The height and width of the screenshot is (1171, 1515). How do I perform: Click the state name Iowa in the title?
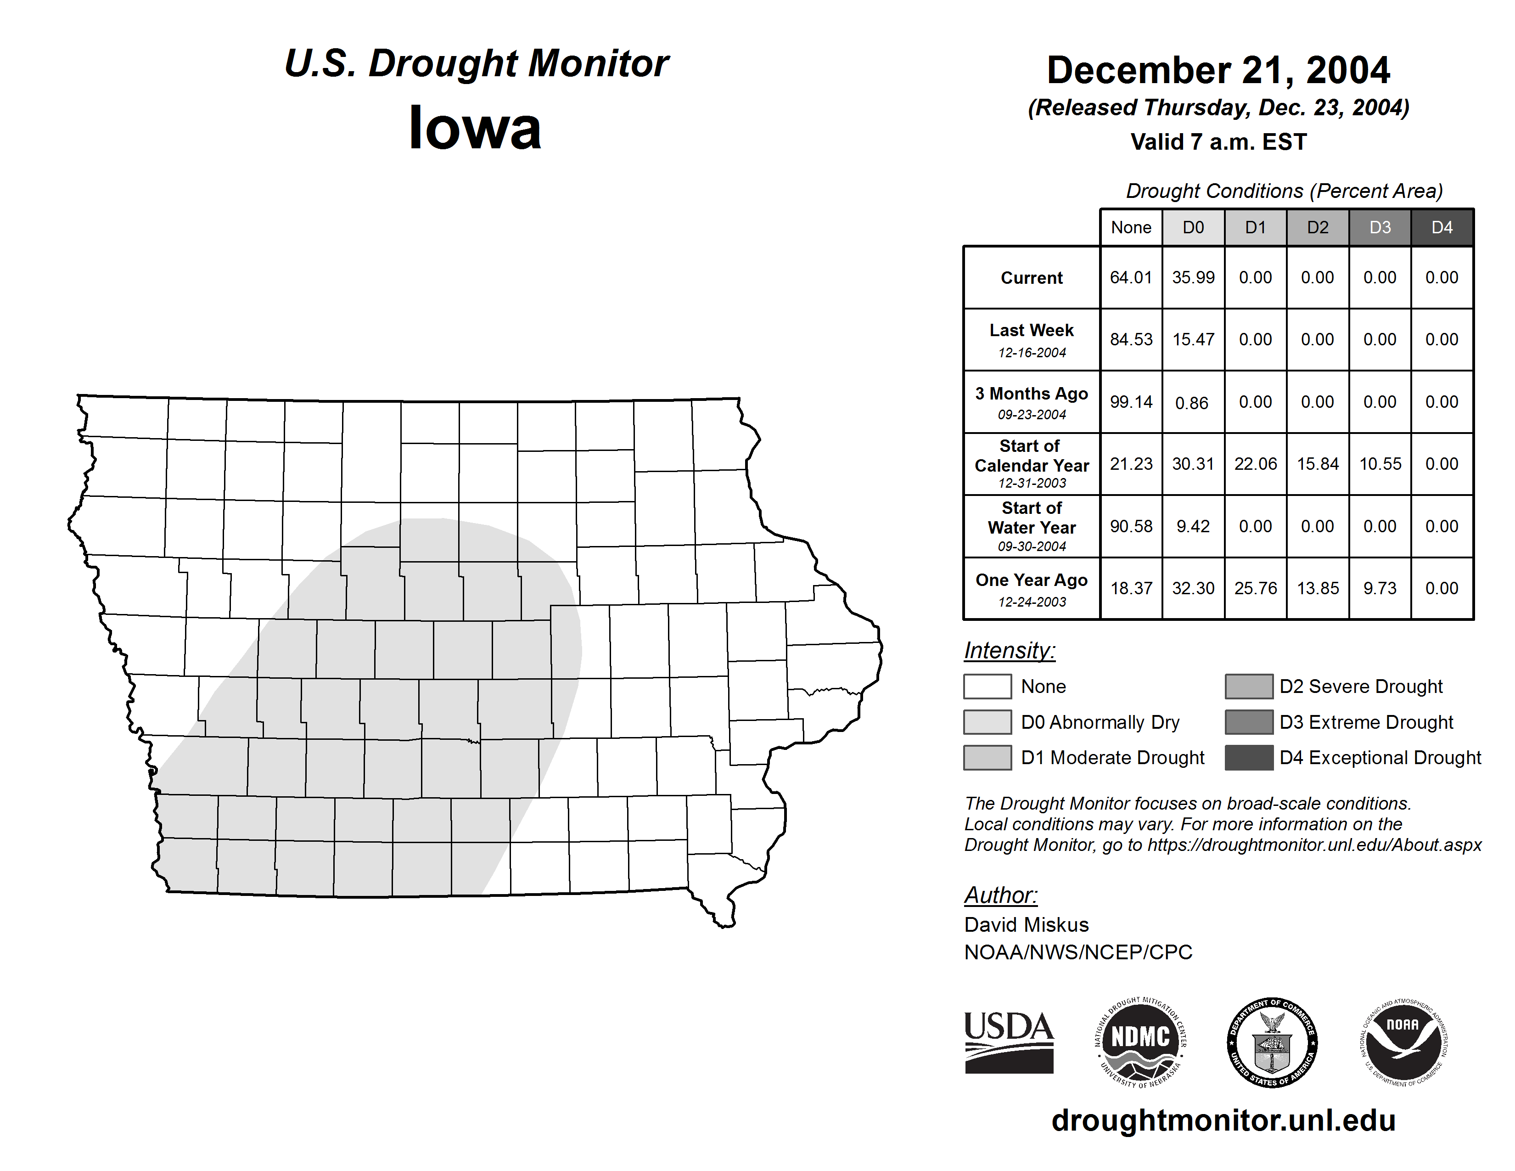pyautogui.click(x=475, y=128)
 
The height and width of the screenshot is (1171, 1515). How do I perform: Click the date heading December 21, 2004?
pyautogui.click(x=1218, y=70)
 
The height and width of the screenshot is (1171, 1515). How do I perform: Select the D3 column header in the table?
pyautogui.click(x=1380, y=227)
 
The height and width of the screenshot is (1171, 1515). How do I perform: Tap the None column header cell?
pyautogui.click(x=1131, y=227)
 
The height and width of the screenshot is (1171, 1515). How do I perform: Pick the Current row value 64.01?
pyautogui.click(x=1131, y=277)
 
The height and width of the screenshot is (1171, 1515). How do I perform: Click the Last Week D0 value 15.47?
pyautogui.click(x=1193, y=340)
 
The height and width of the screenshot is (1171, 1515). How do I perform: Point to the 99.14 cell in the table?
pyautogui.click(x=1131, y=402)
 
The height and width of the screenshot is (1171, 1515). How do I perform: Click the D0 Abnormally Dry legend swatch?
pyautogui.click(x=987, y=721)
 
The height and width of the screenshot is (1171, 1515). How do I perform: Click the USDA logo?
pyautogui.click(x=1009, y=1042)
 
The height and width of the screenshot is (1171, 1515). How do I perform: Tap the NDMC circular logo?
pyautogui.click(x=1140, y=1042)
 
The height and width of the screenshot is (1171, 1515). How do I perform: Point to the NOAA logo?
pyautogui.click(x=1403, y=1042)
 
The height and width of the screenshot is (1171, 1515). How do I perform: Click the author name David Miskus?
pyautogui.click(x=1026, y=925)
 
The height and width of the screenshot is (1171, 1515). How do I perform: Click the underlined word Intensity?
pyautogui.click(x=1009, y=651)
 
